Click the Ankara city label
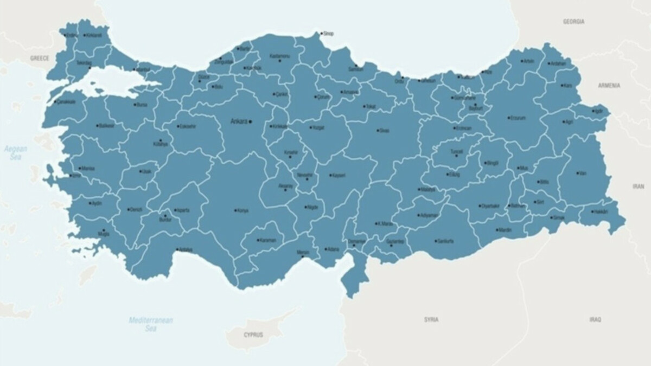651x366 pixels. (239, 121)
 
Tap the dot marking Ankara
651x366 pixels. (250, 121)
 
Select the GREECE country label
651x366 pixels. (40, 58)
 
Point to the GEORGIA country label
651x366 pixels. (573, 22)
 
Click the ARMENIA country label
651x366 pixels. (609, 86)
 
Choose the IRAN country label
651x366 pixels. (638, 186)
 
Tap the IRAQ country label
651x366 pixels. (595, 319)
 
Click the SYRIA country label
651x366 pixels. (431, 319)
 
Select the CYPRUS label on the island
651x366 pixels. (253, 335)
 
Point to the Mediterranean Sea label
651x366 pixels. (151, 324)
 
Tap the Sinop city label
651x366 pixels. (328, 34)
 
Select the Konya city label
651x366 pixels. (242, 210)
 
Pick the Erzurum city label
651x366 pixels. (518, 118)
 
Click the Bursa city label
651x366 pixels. (142, 104)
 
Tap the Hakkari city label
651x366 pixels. (600, 211)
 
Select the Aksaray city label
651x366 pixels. (285, 185)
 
